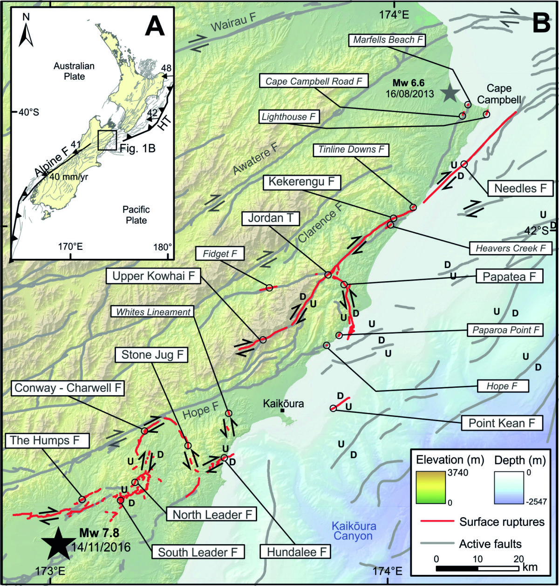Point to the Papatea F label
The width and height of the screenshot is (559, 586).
[509, 276]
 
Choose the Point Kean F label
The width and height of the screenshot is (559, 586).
[502, 423]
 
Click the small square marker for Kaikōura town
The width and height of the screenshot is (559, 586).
[282, 411]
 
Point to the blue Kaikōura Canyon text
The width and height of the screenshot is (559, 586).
[352, 531]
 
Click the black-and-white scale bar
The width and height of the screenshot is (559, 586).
[477, 568]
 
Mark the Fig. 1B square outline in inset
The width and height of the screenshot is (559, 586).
[107, 140]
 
